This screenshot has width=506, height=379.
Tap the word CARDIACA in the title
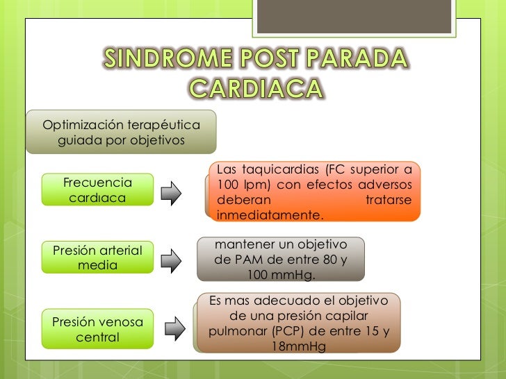(256, 89)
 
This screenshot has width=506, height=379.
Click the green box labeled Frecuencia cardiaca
(97, 190)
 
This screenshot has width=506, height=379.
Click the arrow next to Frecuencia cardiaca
(171, 194)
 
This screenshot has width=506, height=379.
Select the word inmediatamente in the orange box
(270, 216)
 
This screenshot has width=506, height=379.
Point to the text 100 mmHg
(281, 276)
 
